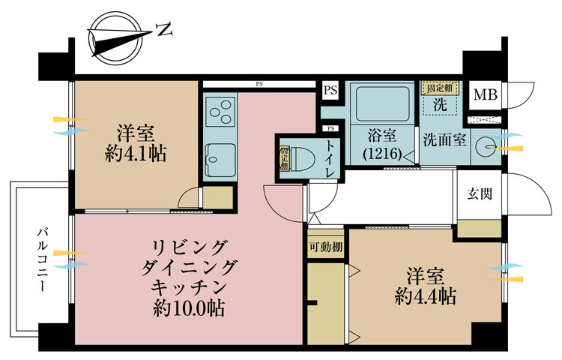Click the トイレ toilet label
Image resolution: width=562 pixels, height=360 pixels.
point(330,158)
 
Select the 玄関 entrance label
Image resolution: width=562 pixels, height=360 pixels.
point(480,194)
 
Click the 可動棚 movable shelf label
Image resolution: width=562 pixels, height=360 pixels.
point(326,247)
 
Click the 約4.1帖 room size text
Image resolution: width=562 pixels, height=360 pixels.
point(136,154)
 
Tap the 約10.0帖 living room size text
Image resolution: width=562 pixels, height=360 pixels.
point(189,307)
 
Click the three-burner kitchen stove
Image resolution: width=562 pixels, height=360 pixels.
point(220,113)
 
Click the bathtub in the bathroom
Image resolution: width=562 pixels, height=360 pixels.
point(382,104)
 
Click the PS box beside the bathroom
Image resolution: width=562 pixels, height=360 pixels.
point(330,90)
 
